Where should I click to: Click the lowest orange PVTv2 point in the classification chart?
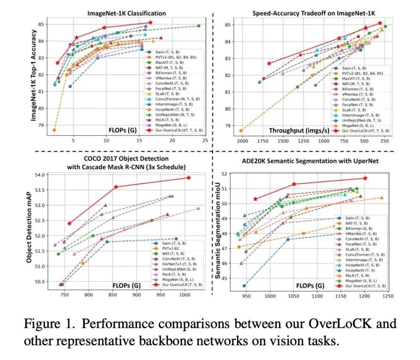pos(54,130)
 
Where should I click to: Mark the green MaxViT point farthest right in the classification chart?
pos(198,26)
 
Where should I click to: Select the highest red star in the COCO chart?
pos(188,177)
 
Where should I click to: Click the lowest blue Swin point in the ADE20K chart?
pos(244,285)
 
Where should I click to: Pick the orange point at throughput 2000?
pos(241,131)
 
